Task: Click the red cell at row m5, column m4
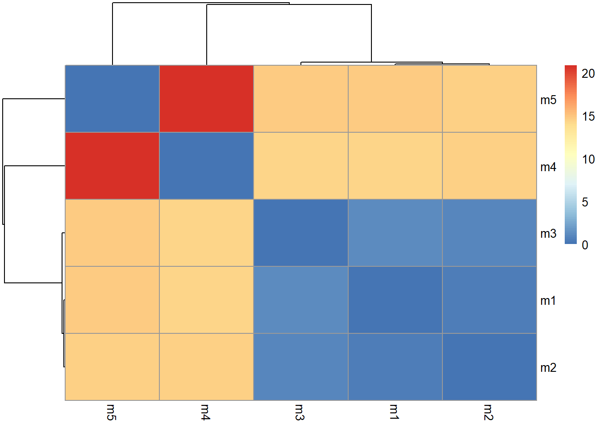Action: (206, 99)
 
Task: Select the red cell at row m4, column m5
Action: (112, 166)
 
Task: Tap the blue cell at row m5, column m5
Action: (112, 99)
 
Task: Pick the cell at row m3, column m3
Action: (300, 233)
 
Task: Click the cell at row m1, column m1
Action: (395, 300)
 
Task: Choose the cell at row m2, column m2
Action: (489, 367)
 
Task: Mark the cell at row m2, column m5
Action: (112, 367)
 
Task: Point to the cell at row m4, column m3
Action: (300, 166)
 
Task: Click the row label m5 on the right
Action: (548, 100)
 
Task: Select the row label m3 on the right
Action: (548, 234)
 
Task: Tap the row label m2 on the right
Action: (548, 368)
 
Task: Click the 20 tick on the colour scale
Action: (588, 74)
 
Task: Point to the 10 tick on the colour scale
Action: (588, 159)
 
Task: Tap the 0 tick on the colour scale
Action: (585, 245)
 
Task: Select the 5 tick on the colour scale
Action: (585, 202)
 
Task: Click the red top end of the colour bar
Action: (571, 68)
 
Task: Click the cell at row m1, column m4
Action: (206, 300)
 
